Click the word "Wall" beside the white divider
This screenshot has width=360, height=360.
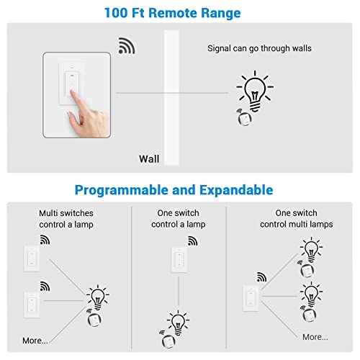[148, 159]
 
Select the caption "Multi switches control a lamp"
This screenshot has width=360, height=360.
[66, 218]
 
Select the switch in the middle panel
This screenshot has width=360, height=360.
[177, 261]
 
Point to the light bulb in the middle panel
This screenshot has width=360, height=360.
[177, 322]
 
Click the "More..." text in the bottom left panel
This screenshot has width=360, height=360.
[35, 340]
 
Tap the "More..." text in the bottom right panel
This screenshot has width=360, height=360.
[315, 336]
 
